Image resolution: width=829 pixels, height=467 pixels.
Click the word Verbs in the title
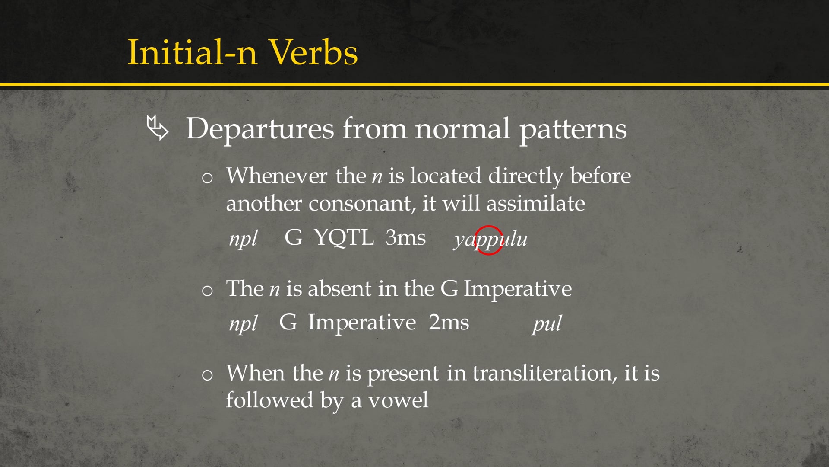click(x=313, y=53)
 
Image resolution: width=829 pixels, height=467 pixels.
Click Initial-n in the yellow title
click(x=192, y=53)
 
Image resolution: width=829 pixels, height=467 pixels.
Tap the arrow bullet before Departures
click(x=157, y=128)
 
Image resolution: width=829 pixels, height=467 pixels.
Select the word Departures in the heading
click(x=260, y=129)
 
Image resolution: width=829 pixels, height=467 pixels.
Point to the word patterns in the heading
click(x=573, y=129)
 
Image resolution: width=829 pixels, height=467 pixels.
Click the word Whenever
click(x=277, y=176)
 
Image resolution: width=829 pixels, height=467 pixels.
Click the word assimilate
click(x=535, y=203)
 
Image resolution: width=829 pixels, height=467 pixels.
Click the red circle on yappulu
click(x=489, y=240)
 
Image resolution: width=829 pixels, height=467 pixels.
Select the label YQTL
click(x=343, y=237)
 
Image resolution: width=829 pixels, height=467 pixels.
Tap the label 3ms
click(x=405, y=237)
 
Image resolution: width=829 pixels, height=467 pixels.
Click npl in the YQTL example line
click(x=243, y=239)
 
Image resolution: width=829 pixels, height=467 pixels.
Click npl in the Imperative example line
click(x=243, y=323)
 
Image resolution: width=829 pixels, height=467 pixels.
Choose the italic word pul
click(x=547, y=323)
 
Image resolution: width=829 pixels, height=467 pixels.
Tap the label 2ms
click(x=449, y=323)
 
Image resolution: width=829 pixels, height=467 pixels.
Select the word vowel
click(x=398, y=400)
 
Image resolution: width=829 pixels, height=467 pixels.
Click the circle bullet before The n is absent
click(x=207, y=291)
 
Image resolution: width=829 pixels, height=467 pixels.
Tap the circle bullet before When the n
click(x=207, y=375)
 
